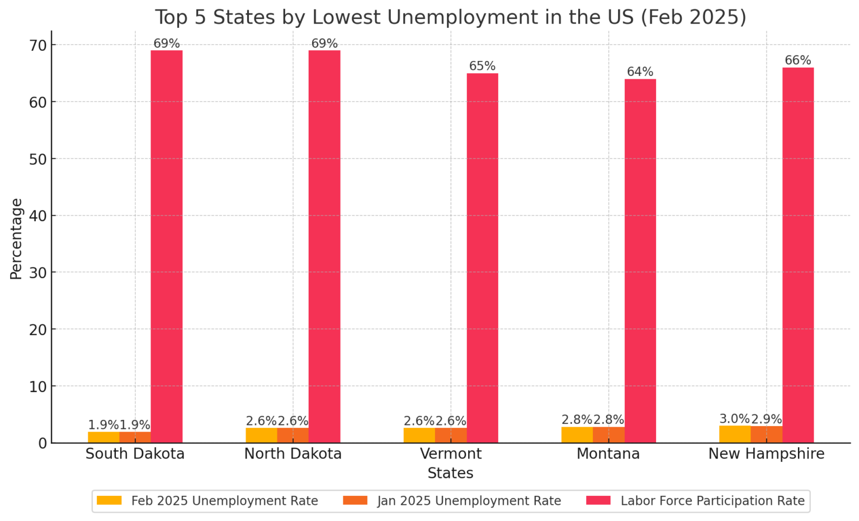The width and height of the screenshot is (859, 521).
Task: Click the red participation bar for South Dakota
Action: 167,246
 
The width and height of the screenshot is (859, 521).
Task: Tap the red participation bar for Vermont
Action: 482,257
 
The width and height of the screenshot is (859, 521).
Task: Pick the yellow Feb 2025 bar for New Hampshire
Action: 735,434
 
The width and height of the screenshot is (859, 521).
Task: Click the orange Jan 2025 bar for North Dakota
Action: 293,436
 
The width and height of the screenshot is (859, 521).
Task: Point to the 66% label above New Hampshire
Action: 797,60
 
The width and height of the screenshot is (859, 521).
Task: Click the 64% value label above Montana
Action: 640,72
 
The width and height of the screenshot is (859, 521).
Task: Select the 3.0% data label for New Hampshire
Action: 734,419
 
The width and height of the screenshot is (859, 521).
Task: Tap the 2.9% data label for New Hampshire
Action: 766,419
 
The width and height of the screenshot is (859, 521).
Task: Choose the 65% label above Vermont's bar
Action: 482,66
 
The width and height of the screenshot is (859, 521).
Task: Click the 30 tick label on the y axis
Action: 39,273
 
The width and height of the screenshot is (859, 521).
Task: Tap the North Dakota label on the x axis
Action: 293,454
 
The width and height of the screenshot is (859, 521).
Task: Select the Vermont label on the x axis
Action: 451,454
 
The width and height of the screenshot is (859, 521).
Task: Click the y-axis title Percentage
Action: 16,238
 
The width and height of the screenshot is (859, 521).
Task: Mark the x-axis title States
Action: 450,474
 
